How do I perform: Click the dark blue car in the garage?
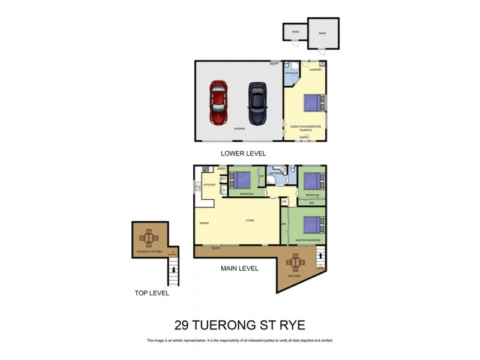(257, 103)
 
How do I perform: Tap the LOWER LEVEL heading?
(243, 154)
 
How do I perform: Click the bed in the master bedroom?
(311, 224)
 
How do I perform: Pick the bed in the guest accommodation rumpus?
(313, 103)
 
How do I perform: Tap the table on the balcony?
(295, 262)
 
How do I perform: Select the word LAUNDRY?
(316, 70)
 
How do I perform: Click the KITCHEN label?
(209, 185)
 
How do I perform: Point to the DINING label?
(204, 223)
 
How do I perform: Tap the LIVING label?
(250, 221)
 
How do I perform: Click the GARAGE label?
(239, 129)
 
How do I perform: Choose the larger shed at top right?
(323, 33)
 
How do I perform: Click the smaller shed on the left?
(295, 32)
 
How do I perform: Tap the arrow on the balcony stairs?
(320, 254)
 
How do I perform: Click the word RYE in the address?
(289, 325)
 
